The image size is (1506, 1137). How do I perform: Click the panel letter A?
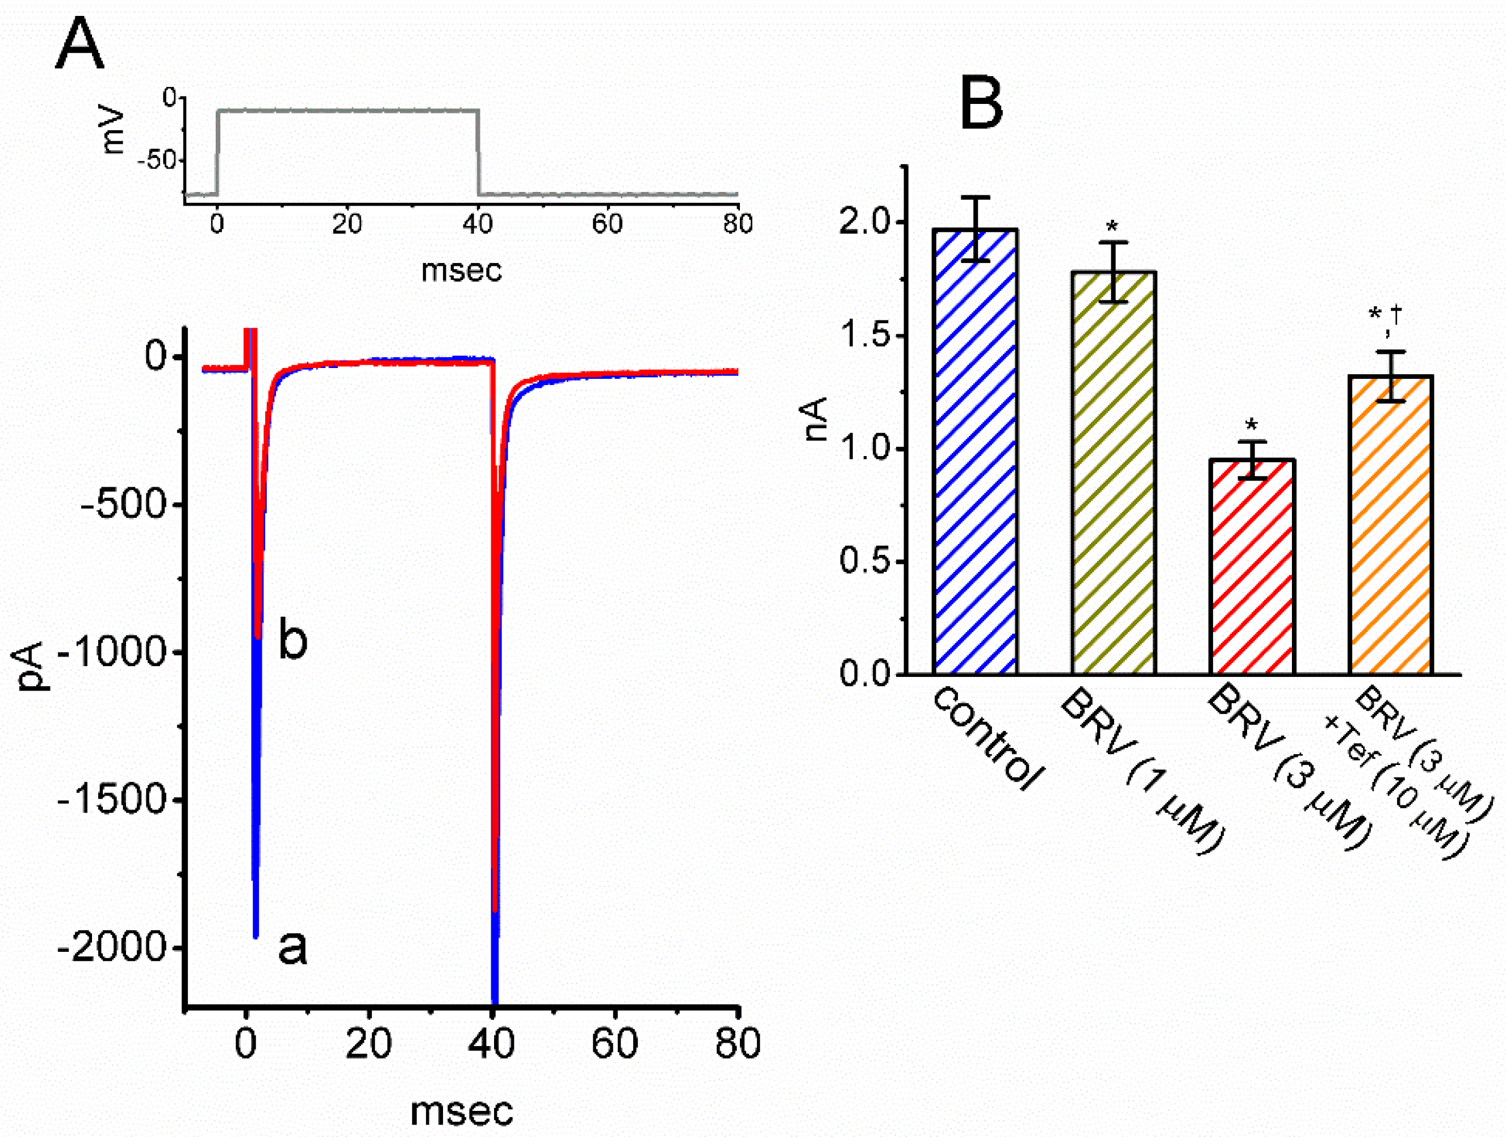(x=80, y=44)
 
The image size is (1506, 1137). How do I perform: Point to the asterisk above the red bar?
(x=1252, y=426)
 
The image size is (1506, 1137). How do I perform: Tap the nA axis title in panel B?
(x=815, y=419)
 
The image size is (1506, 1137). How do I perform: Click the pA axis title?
(x=31, y=666)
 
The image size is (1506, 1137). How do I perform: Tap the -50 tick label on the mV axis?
(x=157, y=161)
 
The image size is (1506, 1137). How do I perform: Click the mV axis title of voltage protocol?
(x=112, y=131)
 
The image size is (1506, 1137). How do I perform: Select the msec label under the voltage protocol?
(x=462, y=270)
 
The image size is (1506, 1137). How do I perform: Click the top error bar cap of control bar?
(x=976, y=198)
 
